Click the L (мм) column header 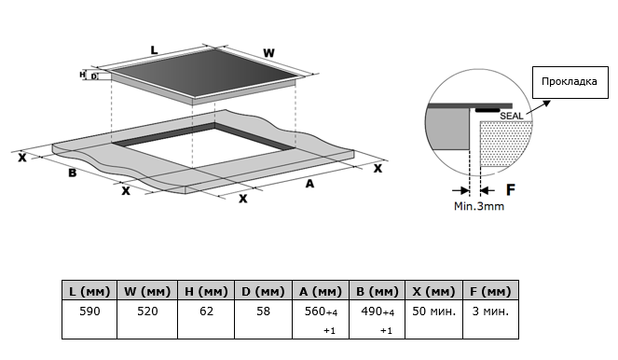click(89, 291)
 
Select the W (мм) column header click(147, 291)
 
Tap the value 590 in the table click(89, 312)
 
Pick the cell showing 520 click(147, 312)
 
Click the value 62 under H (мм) click(206, 312)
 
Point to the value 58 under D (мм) click(263, 312)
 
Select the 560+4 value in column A click(321, 312)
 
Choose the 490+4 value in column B click(378, 312)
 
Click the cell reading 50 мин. click(433, 312)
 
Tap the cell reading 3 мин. click(490, 312)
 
